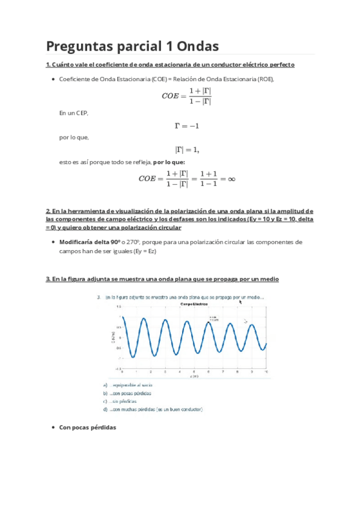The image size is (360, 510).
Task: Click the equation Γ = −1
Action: (186, 126)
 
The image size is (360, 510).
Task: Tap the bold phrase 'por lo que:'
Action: (169, 162)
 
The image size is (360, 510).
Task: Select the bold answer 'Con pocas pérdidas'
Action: (87, 427)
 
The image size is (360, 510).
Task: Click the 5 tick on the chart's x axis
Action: (190, 372)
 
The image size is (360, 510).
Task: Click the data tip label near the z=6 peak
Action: (212, 319)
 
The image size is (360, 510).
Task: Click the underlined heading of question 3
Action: (162, 279)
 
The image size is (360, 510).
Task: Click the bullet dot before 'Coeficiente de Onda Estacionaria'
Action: (53, 79)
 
